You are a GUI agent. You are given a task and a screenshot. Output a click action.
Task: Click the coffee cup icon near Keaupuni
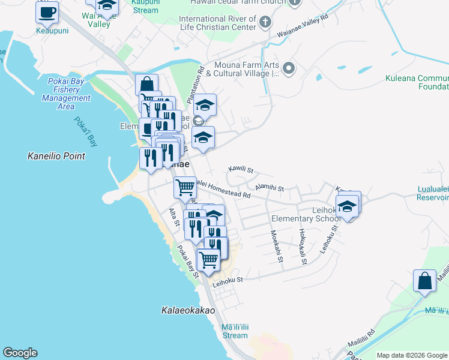[x=47, y=11]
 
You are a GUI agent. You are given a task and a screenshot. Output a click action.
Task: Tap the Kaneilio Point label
[x=56, y=156]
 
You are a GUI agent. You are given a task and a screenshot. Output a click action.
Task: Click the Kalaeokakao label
[x=188, y=311]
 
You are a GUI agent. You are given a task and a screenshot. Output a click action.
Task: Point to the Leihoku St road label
[x=227, y=280]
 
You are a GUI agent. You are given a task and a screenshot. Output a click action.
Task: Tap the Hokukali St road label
[x=303, y=246]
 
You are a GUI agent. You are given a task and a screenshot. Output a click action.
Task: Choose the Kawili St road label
[x=242, y=170]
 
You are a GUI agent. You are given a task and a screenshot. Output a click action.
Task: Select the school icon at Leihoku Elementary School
[x=347, y=206]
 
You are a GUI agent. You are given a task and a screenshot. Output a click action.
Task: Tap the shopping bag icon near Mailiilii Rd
[x=424, y=280]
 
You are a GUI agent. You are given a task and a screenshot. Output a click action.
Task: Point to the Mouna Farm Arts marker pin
[x=289, y=68]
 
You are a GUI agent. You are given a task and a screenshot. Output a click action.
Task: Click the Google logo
[x=20, y=353]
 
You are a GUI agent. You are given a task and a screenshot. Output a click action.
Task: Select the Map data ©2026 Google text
[x=412, y=355]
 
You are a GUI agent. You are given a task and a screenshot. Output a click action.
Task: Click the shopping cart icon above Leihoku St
[x=208, y=260]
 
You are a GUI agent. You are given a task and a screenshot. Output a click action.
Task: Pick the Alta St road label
[x=175, y=217]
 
